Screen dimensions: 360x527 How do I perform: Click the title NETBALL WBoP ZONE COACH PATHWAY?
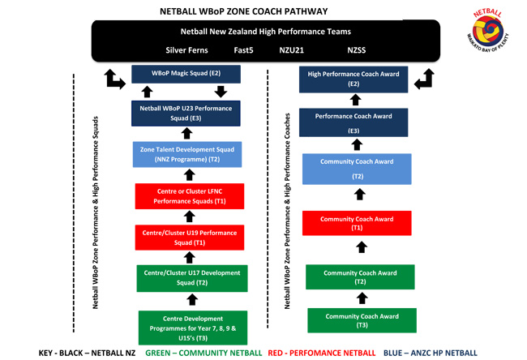coord(244,11)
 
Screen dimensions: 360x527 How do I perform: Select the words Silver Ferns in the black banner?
coord(186,50)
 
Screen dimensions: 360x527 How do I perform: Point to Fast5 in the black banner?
coord(244,50)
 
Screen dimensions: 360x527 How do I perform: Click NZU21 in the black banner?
coord(291,50)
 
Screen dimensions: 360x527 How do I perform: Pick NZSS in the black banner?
coord(357,50)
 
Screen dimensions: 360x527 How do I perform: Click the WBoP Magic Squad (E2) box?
coord(186,73)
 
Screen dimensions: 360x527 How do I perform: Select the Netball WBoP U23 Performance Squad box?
coord(186,113)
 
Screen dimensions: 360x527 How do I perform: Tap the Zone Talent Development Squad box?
coord(187,154)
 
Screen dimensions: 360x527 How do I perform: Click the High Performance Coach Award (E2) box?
coord(353,79)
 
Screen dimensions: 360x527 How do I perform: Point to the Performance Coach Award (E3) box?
coord(353,122)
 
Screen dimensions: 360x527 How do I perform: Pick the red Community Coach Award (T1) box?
coord(357,223)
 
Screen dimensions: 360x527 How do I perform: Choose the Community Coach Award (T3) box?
coord(362,320)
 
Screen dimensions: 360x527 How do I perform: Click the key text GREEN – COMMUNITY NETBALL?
coord(204,353)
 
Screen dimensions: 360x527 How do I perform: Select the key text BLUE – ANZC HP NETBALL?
coord(430,353)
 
